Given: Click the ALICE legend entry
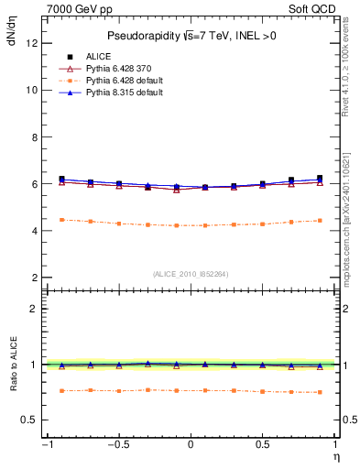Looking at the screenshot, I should [x=96, y=56].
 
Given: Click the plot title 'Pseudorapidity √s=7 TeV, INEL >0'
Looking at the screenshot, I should [x=191, y=36].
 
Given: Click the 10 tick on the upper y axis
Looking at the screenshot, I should [x=31, y=90].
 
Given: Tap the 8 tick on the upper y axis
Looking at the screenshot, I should [x=34, y=136].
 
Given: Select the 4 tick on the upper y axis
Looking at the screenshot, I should [x=34, y=231].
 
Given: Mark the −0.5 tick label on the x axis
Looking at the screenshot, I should [x=117, y=444].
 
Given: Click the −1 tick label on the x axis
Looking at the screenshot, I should [x=45, y=444].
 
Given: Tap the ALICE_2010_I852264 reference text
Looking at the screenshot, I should [x=191, y=273].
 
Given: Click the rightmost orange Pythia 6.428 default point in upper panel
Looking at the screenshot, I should [x=319, y=220].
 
